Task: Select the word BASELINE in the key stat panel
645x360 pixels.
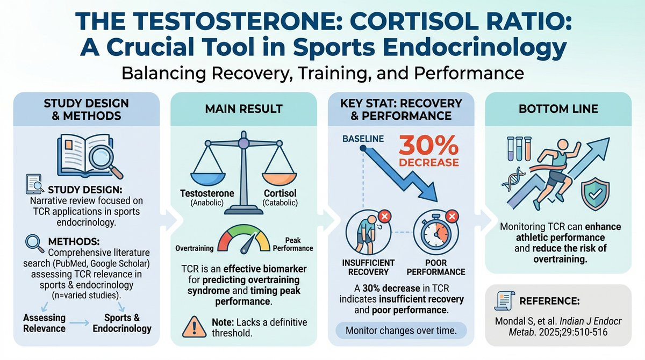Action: tap(363, 139)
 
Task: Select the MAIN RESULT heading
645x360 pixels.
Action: tap(243, 109)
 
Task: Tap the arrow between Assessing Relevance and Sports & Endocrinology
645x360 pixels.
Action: tap(81, 322)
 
